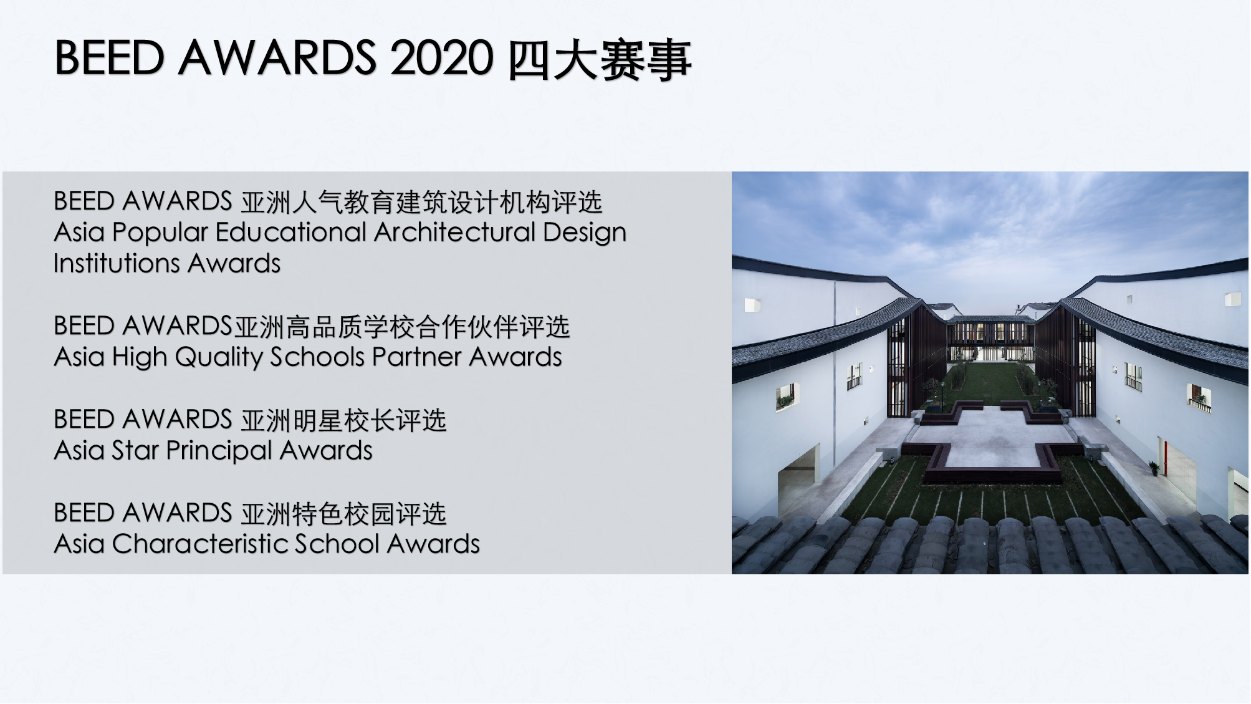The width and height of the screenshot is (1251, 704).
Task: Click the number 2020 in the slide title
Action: [441, 58]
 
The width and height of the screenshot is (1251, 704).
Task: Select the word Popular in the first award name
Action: [160, 233]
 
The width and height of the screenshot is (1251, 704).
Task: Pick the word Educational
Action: [291, 232]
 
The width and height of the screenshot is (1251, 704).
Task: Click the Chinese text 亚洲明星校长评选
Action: [343, 420]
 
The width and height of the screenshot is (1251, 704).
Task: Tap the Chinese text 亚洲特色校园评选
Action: [343, 514]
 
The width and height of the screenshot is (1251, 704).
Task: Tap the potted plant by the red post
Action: [1154, 468]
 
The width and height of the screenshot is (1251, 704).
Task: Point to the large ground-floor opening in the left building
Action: [797, 477]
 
